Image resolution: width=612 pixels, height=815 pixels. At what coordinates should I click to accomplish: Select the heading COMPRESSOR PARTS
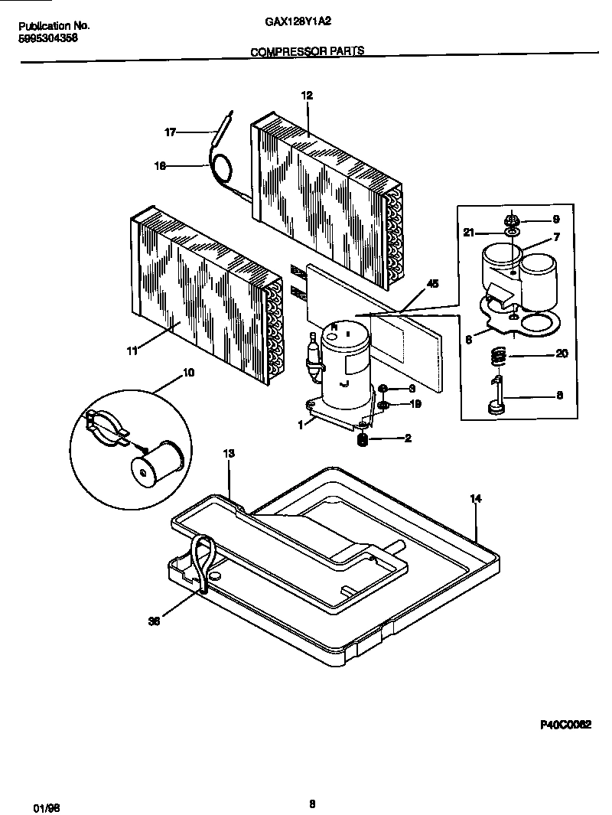(x=307, y=52)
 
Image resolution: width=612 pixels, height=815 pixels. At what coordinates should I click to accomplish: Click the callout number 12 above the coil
(x=307, y=96)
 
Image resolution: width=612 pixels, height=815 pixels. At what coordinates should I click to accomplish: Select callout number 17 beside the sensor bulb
(x=171, y=132)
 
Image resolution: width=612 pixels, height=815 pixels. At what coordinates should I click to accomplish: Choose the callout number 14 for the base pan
(x=475, y=499)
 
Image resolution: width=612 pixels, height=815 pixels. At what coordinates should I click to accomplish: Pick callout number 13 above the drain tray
(x=228, y=454)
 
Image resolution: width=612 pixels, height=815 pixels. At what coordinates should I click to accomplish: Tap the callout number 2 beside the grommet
(x=409, y=438)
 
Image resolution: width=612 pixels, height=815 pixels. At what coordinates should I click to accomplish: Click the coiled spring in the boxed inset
(x=497, y=356)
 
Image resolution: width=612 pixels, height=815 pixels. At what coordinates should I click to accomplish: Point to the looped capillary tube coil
(x=223, y=167)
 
